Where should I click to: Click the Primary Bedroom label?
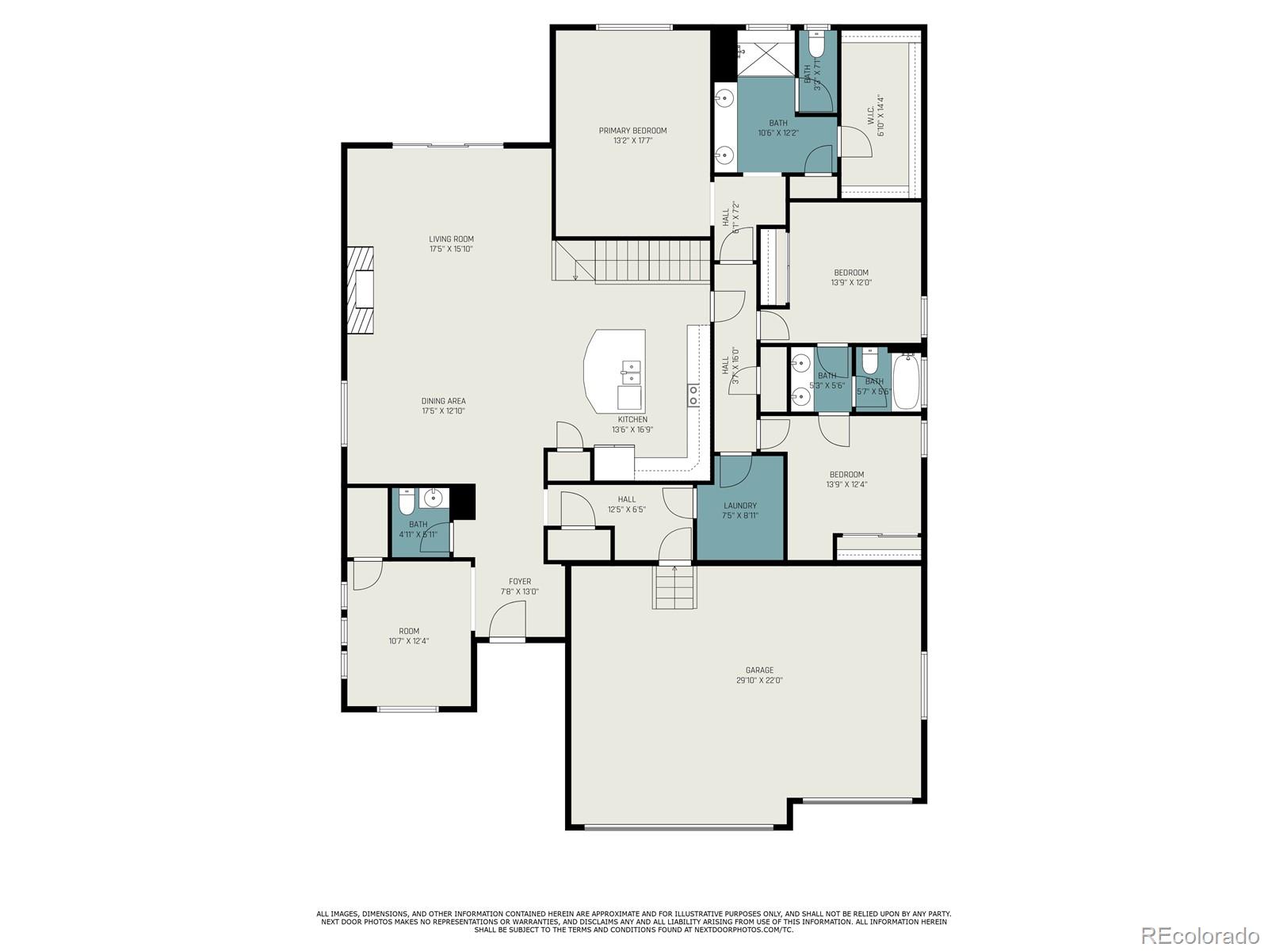tap(632, 131)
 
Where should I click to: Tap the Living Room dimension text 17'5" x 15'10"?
tap(451, 249)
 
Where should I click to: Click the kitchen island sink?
tap(632, 367)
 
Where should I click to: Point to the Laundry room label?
tap(740, 506)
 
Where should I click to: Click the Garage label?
tap(759, 670)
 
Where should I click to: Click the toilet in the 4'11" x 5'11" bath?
tap(407, 502)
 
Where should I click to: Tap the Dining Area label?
tap(443, 401)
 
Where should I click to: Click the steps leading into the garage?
tap(674, 587)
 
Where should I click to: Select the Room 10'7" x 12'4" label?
tap(409, 632)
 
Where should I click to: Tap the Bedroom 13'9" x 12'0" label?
tap(850, 273)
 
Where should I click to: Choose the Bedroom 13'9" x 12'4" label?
tap(846, 475)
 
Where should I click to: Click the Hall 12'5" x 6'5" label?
tap(627, 499)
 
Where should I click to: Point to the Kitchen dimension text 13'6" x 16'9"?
tap(632, 430)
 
